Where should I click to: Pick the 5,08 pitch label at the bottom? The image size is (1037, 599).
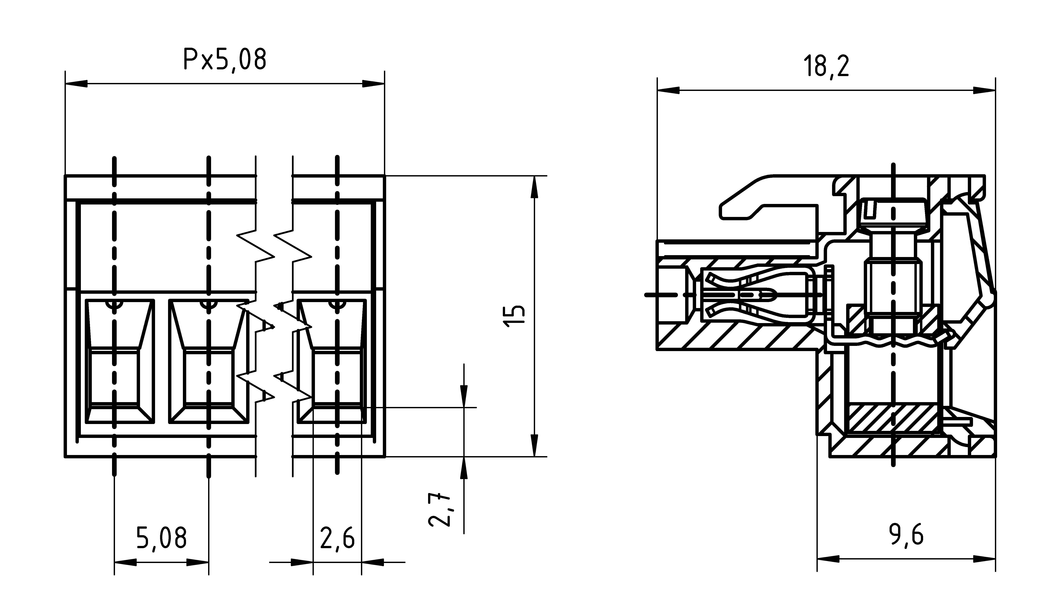[161, 538]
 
